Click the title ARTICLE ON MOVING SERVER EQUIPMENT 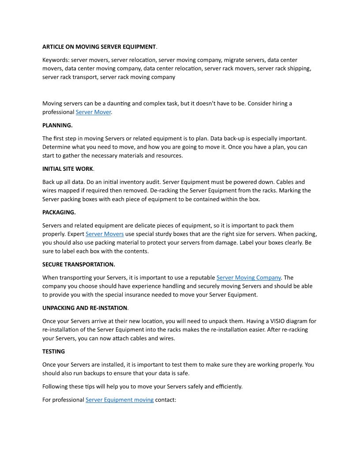tap(99, 47)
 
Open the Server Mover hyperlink tap(93, 112)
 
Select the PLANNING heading tap(57, 125)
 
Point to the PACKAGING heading tap(59, 212)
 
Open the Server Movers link tap(105, 234)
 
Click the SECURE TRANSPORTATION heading tap(79, 264)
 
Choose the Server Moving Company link tap(248, 278)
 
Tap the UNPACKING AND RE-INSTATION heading tap(85, 308)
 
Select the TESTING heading tap(53, 351)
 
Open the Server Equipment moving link tap(120, 400)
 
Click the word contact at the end tap(165, 400)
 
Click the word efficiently tap(226, 387)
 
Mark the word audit tap(143, 182)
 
